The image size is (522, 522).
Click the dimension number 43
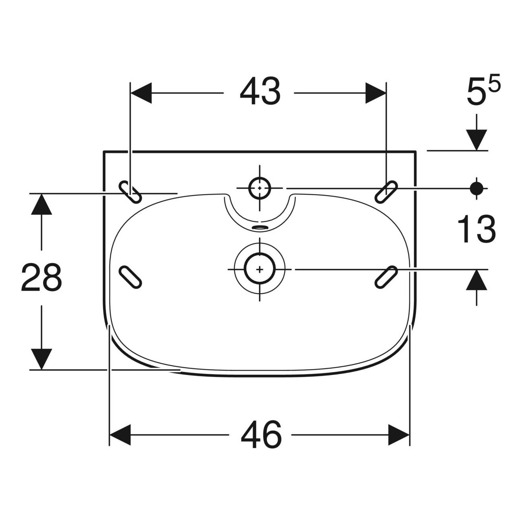260,91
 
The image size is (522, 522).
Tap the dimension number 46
261,434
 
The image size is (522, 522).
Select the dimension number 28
41,277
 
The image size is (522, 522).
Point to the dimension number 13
477,228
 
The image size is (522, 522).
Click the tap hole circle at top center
260,188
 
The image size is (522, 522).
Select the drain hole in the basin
260,269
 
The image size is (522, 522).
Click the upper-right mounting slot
386,192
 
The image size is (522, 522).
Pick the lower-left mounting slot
130,277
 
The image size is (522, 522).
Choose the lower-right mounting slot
386,277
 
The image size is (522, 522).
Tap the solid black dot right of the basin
477,188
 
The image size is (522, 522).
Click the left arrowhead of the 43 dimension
141,93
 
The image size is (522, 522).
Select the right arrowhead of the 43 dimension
376,93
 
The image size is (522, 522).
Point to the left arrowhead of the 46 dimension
120,434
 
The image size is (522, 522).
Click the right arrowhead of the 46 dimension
399,434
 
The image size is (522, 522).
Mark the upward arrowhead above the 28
41,204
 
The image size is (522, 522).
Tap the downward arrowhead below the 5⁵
477,140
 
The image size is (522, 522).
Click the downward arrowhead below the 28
41,359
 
